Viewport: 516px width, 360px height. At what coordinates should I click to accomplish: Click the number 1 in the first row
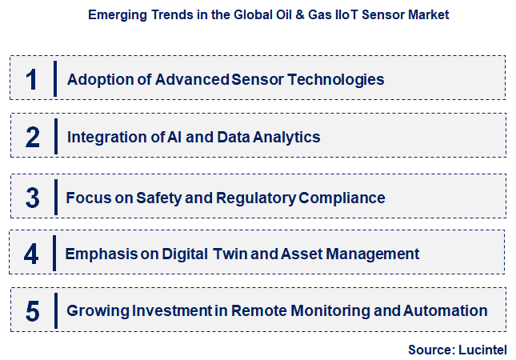point(32,79)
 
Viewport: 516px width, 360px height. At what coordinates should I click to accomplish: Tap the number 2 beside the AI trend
point(32,137)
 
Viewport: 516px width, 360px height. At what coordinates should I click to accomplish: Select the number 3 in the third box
point(32,198)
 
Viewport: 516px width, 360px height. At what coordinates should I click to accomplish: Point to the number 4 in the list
point(31,254)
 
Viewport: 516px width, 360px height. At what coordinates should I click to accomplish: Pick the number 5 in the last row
point(32,310)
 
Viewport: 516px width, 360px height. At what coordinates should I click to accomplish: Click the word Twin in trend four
point(230,254)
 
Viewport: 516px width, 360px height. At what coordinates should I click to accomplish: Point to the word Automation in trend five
point(446,310)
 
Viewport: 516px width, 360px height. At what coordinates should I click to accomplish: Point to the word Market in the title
point(427,14)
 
